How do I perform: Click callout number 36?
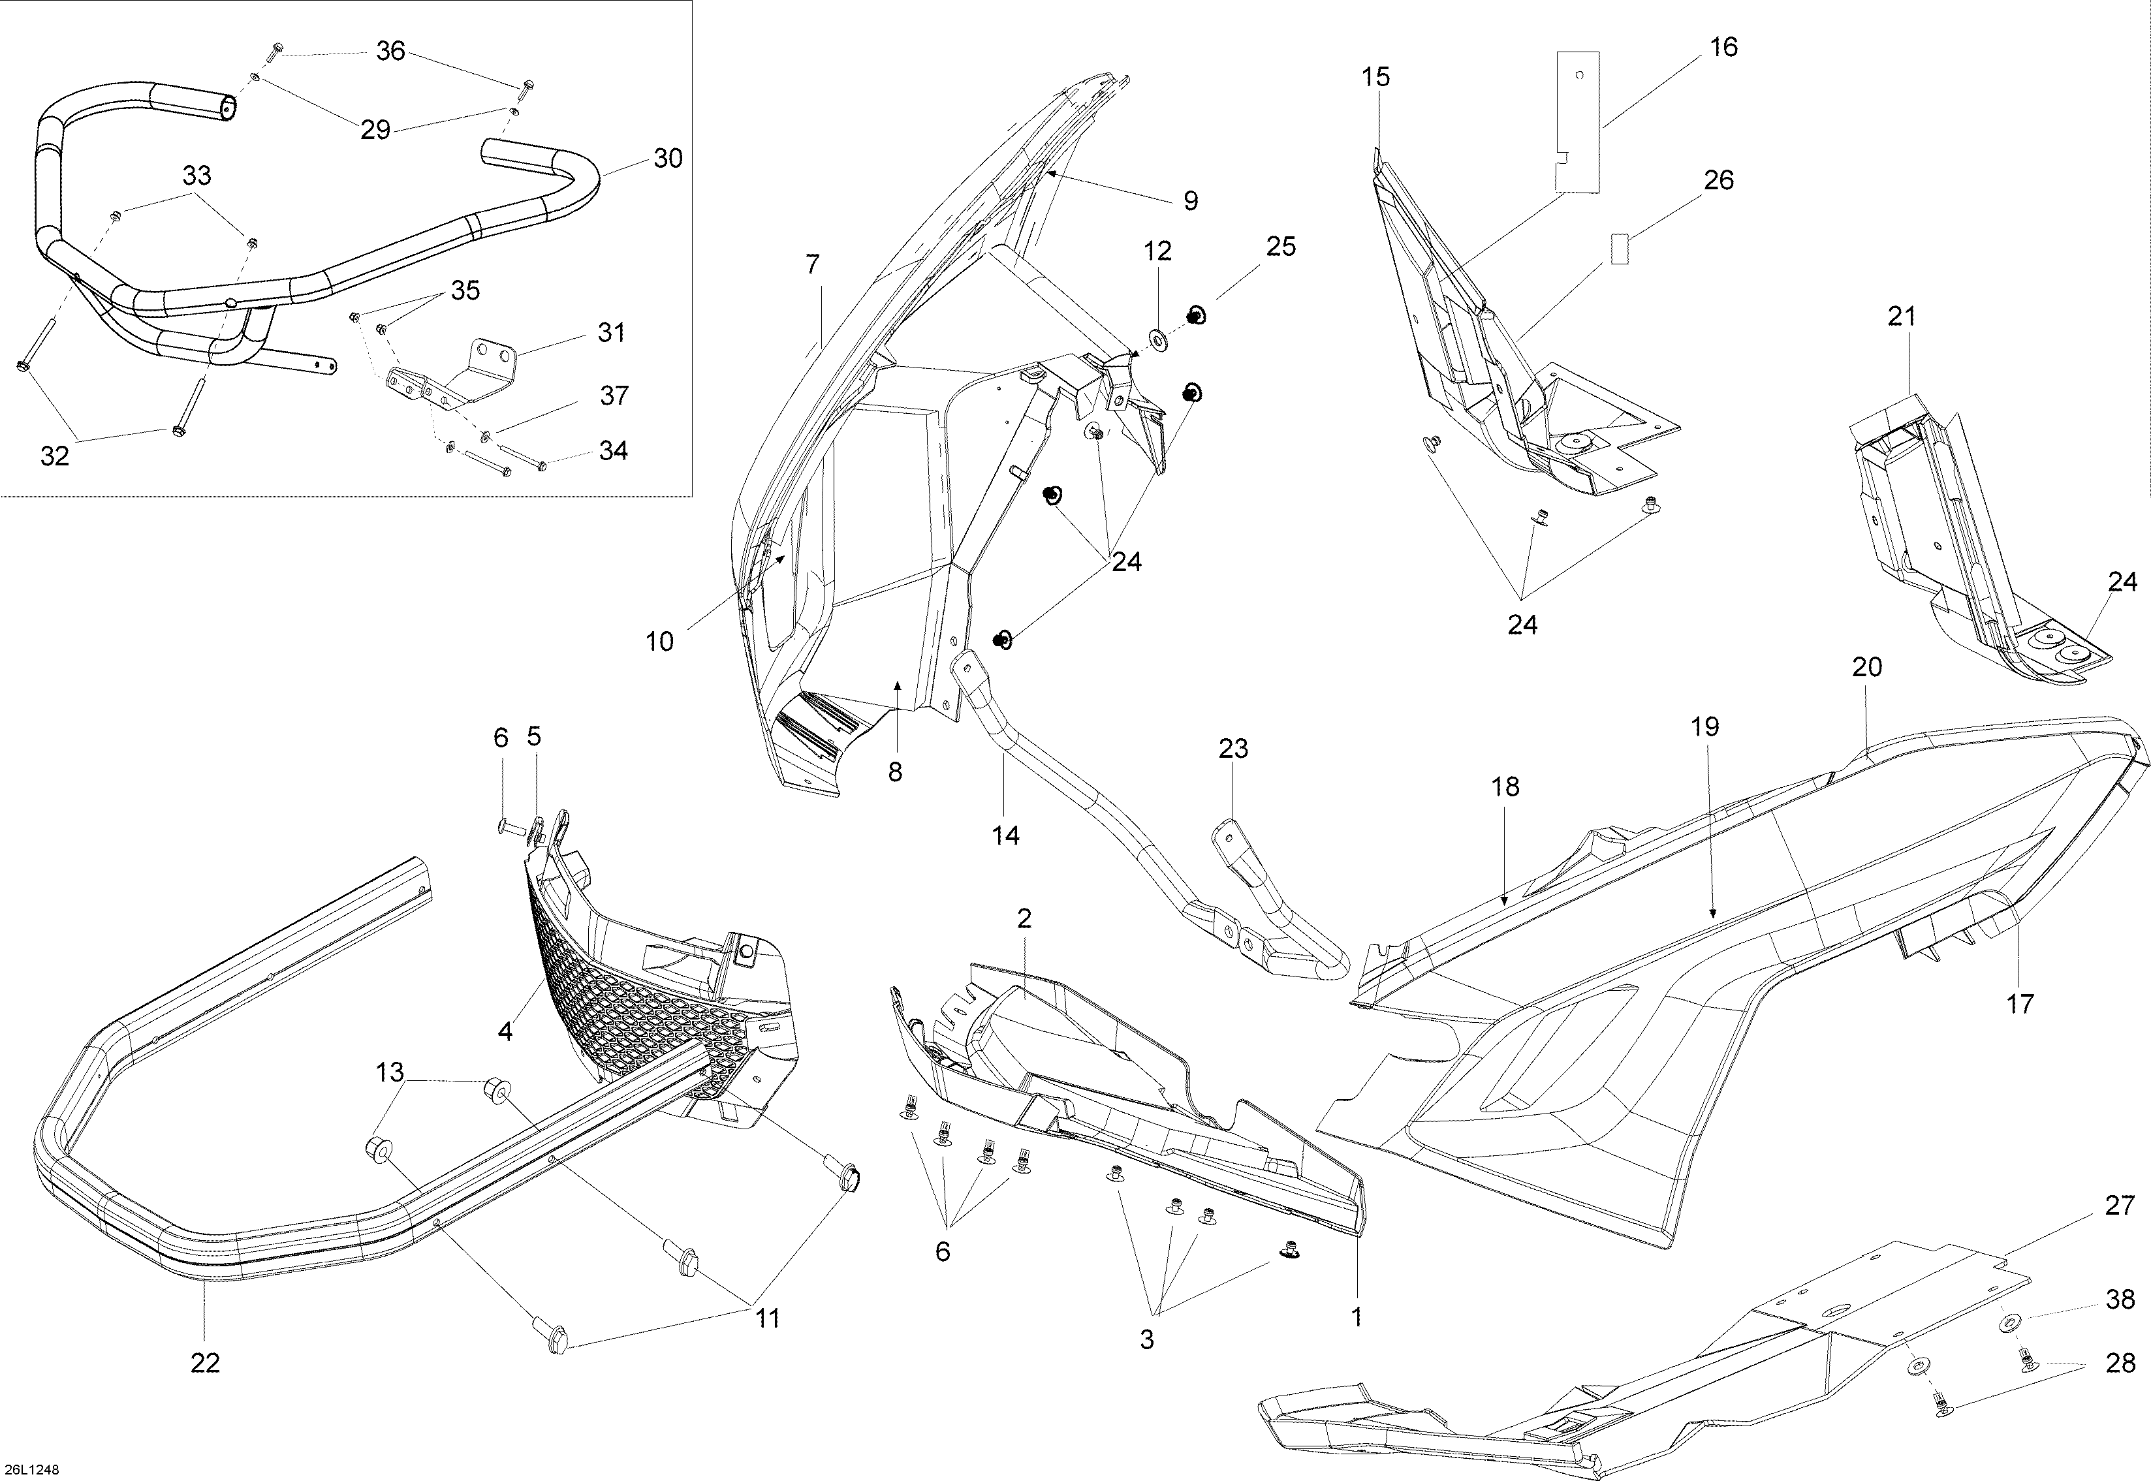[390, 51]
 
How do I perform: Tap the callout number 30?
[668, 159]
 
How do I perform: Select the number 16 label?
[1723, 48]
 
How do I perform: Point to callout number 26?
[1719, 180]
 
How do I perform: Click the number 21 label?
[1902, 317]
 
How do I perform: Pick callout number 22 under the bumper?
[205, 1362]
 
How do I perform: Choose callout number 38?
[2120, 1300]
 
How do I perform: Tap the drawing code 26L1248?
[31, 1469]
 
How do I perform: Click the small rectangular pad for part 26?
[1618, 249]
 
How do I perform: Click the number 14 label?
[1005, 836]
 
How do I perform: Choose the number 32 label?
[55, 456]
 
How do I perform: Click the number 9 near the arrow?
[1191, 200]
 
